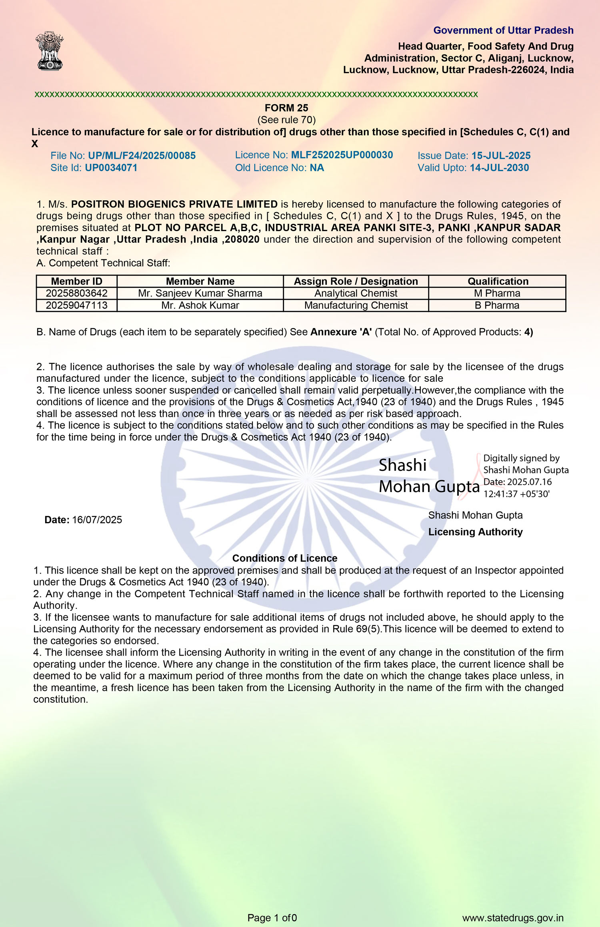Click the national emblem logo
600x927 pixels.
coord(50,51)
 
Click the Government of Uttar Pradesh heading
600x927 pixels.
coord(503,30)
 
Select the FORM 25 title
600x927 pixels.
coord(286,108)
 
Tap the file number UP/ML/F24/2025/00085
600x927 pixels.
coord(142,156)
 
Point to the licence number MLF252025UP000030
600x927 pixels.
coord(342,155)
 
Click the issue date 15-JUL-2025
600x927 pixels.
coord(501,156)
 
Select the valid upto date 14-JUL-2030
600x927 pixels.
coord(499,168)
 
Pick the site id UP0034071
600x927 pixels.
coord(111,168)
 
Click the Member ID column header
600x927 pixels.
coord(77,281)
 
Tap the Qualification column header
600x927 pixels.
coord(498,281)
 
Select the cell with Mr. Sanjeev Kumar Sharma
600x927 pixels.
coord(200,293)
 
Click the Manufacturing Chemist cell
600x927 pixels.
coord(356,305)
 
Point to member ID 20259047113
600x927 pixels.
coord(77,305)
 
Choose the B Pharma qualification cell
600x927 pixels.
coord(497,305)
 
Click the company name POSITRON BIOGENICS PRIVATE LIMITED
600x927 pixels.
coord(174,204)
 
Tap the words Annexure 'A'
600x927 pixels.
coord(341,332)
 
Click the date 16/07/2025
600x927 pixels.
coord(97,520)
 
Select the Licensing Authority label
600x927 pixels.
coord(475,532)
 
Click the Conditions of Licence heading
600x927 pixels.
coord(285,558)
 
